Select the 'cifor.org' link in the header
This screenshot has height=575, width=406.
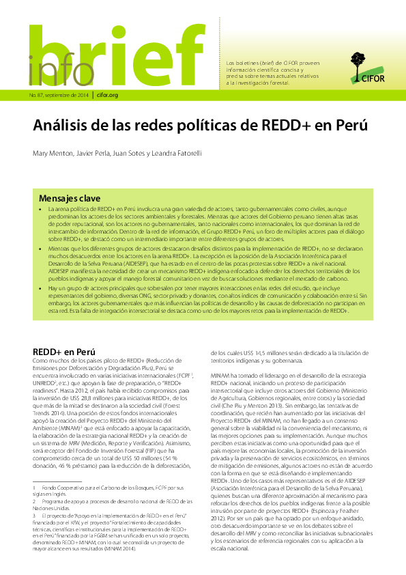pyautogui.click(x=108, y=95)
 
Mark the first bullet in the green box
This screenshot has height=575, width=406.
pyautogui.click(x=42, y=207)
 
